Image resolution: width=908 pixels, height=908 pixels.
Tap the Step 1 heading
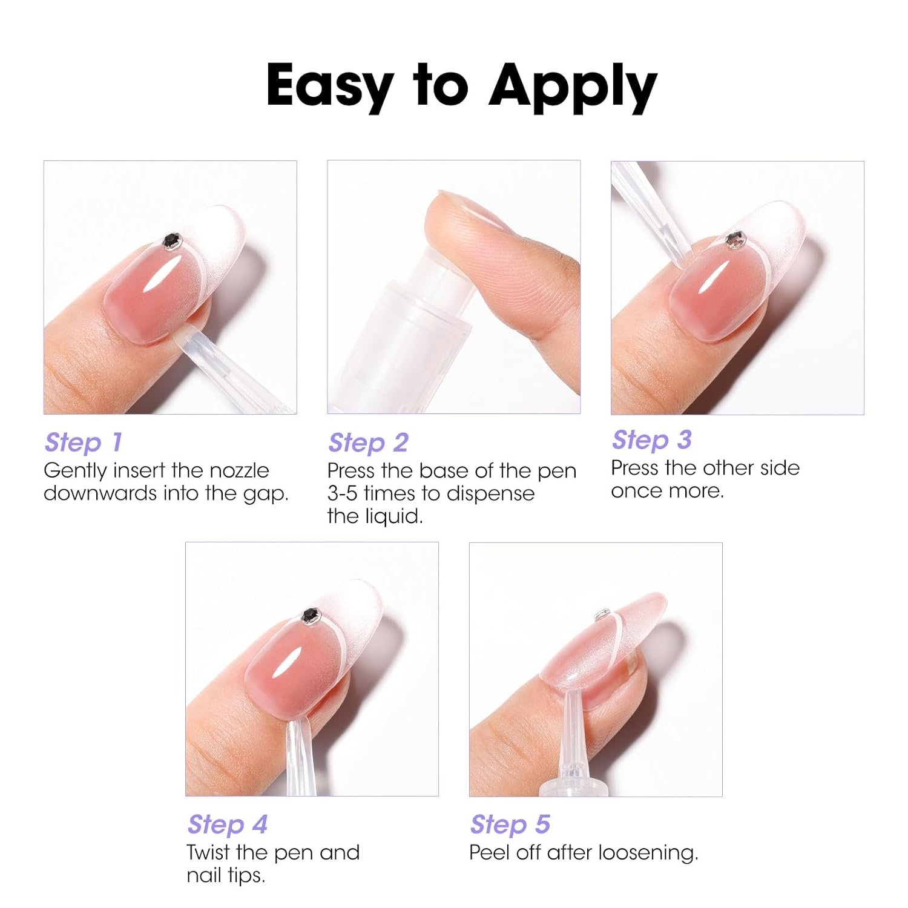pyautogui.click(x=84, y=442)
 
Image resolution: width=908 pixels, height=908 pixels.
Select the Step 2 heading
pyautogui.click(x=368, y=442)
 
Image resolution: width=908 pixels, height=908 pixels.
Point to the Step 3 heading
pyautogui.click(x=651, y=440)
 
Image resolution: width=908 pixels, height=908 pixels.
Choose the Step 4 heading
pyautogui.click(x=228, y=824)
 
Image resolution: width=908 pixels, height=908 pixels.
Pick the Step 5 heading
pyautogui.click(x=510, y=824)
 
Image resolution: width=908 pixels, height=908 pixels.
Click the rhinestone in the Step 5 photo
pyautogui.click(x=602, y=615)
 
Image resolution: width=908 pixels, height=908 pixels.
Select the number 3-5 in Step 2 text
pyautogui.click(x=342, y=493)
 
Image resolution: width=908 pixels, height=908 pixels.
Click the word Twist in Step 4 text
pyautogui.click(x=209, y=852)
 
